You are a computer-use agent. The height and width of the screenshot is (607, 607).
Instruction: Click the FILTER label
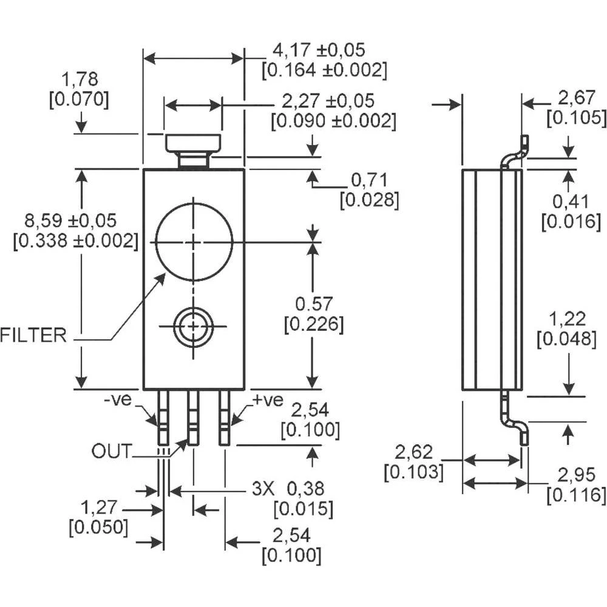pyautogui.click(x=33, y=335)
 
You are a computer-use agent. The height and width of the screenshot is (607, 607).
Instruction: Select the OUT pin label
pyautogui.click(x=112, y=451)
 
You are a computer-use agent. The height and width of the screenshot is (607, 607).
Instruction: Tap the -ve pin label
pyautogui.click(x=118, y=400)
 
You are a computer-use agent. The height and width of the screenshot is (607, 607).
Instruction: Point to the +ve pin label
pyautogui.click(x=268, y=400)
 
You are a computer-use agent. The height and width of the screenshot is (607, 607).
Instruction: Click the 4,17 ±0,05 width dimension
pyautogui.click(x=319, y=50)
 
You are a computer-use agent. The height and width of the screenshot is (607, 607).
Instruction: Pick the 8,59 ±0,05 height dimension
pyautogui.click(x=70, y=221)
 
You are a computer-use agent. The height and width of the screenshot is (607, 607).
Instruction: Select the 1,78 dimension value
pyautogui.click(x=80, y=80)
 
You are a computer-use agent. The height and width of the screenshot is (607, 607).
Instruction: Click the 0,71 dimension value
pyautogui.click(x=369, y=180)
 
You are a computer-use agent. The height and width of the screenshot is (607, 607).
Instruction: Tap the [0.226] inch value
pyautogui.click(x=314, y=324)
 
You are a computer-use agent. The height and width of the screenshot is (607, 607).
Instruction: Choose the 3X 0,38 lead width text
pyautogui.click(x=288, y=489)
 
